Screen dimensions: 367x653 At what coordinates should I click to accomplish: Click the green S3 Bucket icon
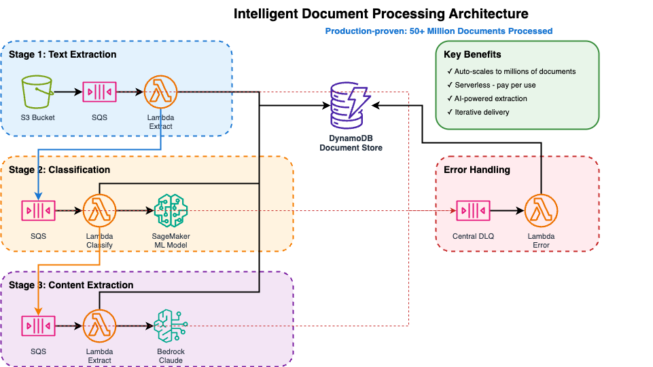tap(37, 92)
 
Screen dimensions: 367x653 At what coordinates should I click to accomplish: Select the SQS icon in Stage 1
tap(99, 92)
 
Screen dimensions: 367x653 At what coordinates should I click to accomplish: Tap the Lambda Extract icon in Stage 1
tap(160, 92)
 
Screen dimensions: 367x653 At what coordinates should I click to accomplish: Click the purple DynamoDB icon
tap(351, 105)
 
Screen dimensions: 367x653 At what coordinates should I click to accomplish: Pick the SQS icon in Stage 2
tap(38, 211)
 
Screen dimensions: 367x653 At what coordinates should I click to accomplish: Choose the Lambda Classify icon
tap(100, 211)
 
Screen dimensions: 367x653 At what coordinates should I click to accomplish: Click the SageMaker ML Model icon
tap(171, 211)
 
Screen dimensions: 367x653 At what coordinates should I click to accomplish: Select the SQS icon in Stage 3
tap(38, 326)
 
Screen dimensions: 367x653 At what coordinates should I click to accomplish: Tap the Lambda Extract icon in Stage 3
tap(100, 326)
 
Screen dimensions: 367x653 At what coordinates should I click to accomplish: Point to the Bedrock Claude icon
tap(171, 326)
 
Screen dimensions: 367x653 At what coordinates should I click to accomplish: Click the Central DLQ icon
tap(473, 211)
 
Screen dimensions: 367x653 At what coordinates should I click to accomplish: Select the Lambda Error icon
tap(541, 211)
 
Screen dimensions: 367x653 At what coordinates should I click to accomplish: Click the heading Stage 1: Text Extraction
tap(63, 54)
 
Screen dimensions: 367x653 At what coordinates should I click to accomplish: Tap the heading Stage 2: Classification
tap(59, 170)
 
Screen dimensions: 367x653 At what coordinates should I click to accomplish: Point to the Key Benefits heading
tap(472, 54)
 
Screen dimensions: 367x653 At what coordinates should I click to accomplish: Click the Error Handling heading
tap(476, 170)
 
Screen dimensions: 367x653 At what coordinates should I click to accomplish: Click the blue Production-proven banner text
tap(438, 31)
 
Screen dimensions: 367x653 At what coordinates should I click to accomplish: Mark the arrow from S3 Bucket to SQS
tap(67, 92)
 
